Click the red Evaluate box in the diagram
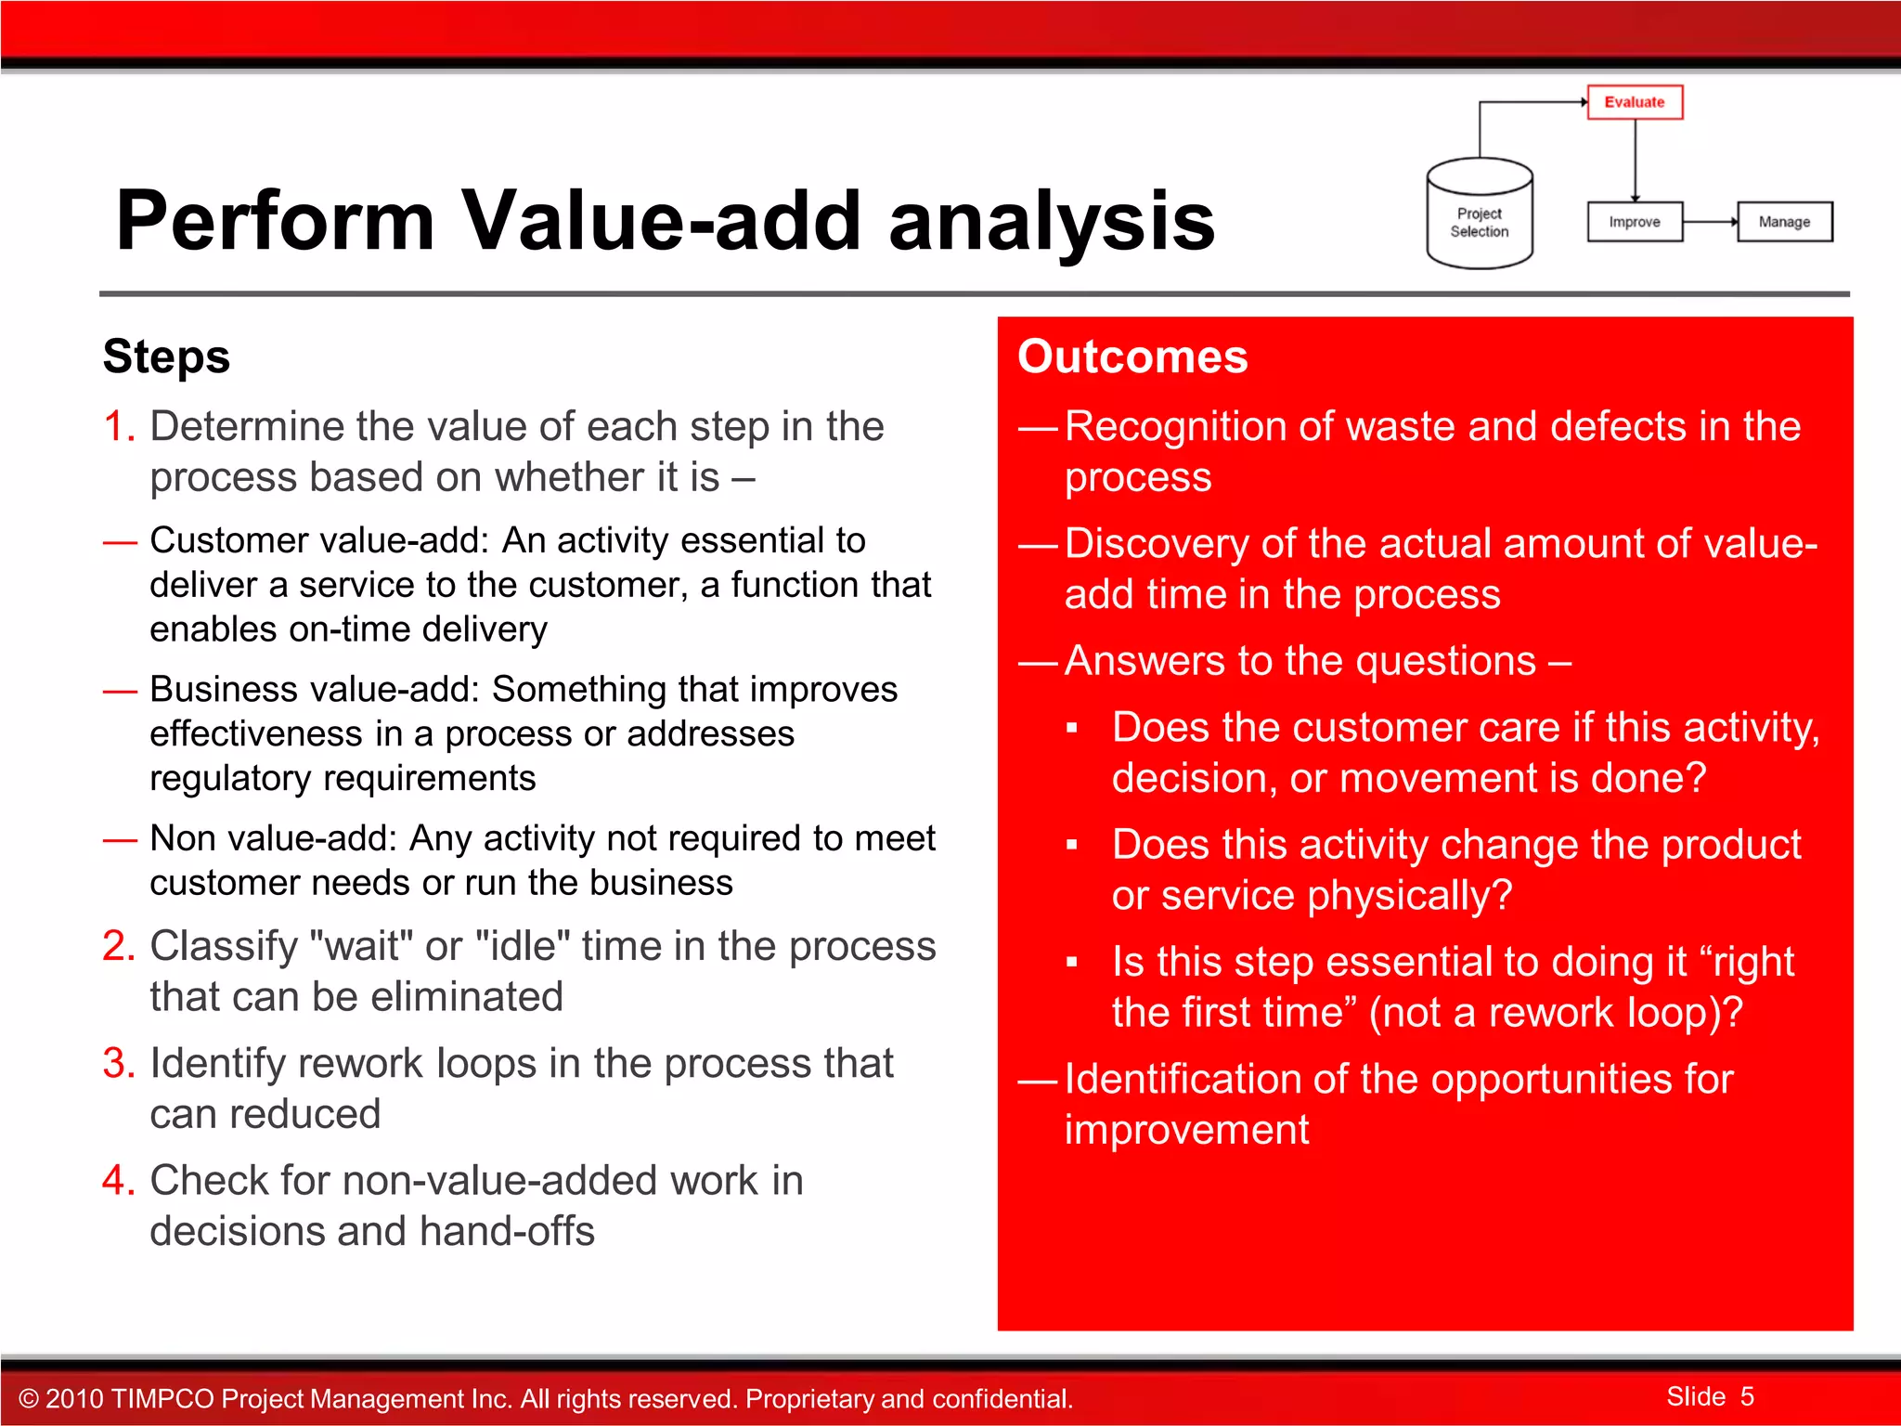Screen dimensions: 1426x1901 point(1634,102)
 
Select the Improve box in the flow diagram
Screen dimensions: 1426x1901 point(1634,222)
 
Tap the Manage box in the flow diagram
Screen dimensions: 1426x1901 point(1784,222)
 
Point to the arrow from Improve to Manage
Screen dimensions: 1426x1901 point(1709,222)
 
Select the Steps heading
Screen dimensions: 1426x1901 point(166,356)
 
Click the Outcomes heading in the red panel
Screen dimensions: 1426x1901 point(1132,356)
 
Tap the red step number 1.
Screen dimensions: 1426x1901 point(118,426)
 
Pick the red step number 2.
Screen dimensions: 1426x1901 point(118,946)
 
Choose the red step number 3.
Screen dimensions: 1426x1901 point(118,1063)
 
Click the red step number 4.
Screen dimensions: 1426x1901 point(118,1180)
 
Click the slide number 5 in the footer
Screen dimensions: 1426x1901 point(1747,1396)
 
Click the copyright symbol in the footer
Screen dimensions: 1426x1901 point(29,1399)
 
